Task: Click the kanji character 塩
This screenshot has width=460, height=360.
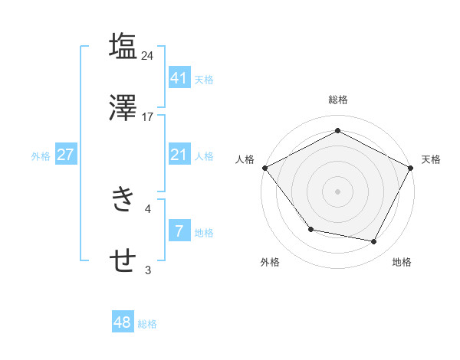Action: (123, 45)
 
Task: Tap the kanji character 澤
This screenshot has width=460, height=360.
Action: (123, 107)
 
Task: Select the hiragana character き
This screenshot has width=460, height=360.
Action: (123, 199)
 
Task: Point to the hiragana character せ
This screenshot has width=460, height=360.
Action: (123, 260)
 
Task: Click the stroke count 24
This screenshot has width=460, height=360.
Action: (148, 55)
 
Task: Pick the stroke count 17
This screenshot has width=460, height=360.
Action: (148, 117)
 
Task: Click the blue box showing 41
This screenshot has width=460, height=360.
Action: (179, 78)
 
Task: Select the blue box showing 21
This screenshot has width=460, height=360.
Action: (179, 155)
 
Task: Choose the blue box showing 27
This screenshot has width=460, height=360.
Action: (65, 155)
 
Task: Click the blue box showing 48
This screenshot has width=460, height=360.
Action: (122, 323)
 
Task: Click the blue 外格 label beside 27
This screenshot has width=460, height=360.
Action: (41, 156)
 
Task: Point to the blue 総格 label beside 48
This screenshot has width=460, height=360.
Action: (147, 324)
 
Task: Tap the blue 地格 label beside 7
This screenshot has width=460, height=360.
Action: (204, 233)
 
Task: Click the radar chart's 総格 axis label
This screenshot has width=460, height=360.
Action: (337, 100)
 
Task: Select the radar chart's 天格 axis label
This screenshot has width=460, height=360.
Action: (431, 159)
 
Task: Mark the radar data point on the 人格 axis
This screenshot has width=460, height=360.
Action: (264, 168)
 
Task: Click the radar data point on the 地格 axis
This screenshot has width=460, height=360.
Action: (374, 242)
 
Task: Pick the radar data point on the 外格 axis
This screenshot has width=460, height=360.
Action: (310, 229)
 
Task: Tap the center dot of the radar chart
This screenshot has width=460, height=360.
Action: (337, 191)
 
